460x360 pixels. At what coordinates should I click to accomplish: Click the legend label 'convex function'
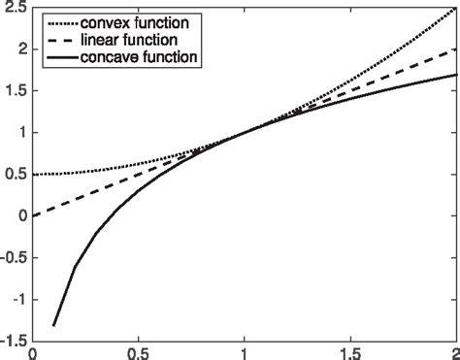135,21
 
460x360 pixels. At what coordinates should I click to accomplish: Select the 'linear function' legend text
130,40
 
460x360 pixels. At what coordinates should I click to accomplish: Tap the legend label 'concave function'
140,58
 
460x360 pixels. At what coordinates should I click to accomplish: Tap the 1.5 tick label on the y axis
16,90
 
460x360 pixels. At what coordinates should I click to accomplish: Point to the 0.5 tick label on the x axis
139,352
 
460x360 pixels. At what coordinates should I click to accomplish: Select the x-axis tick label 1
245,352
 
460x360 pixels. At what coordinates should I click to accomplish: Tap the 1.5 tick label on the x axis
350,352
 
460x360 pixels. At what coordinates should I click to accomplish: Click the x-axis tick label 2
454,352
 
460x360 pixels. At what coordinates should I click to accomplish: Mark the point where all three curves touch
245,132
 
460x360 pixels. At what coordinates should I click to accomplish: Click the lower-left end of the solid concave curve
54,324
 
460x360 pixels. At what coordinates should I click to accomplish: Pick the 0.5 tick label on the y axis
16,174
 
